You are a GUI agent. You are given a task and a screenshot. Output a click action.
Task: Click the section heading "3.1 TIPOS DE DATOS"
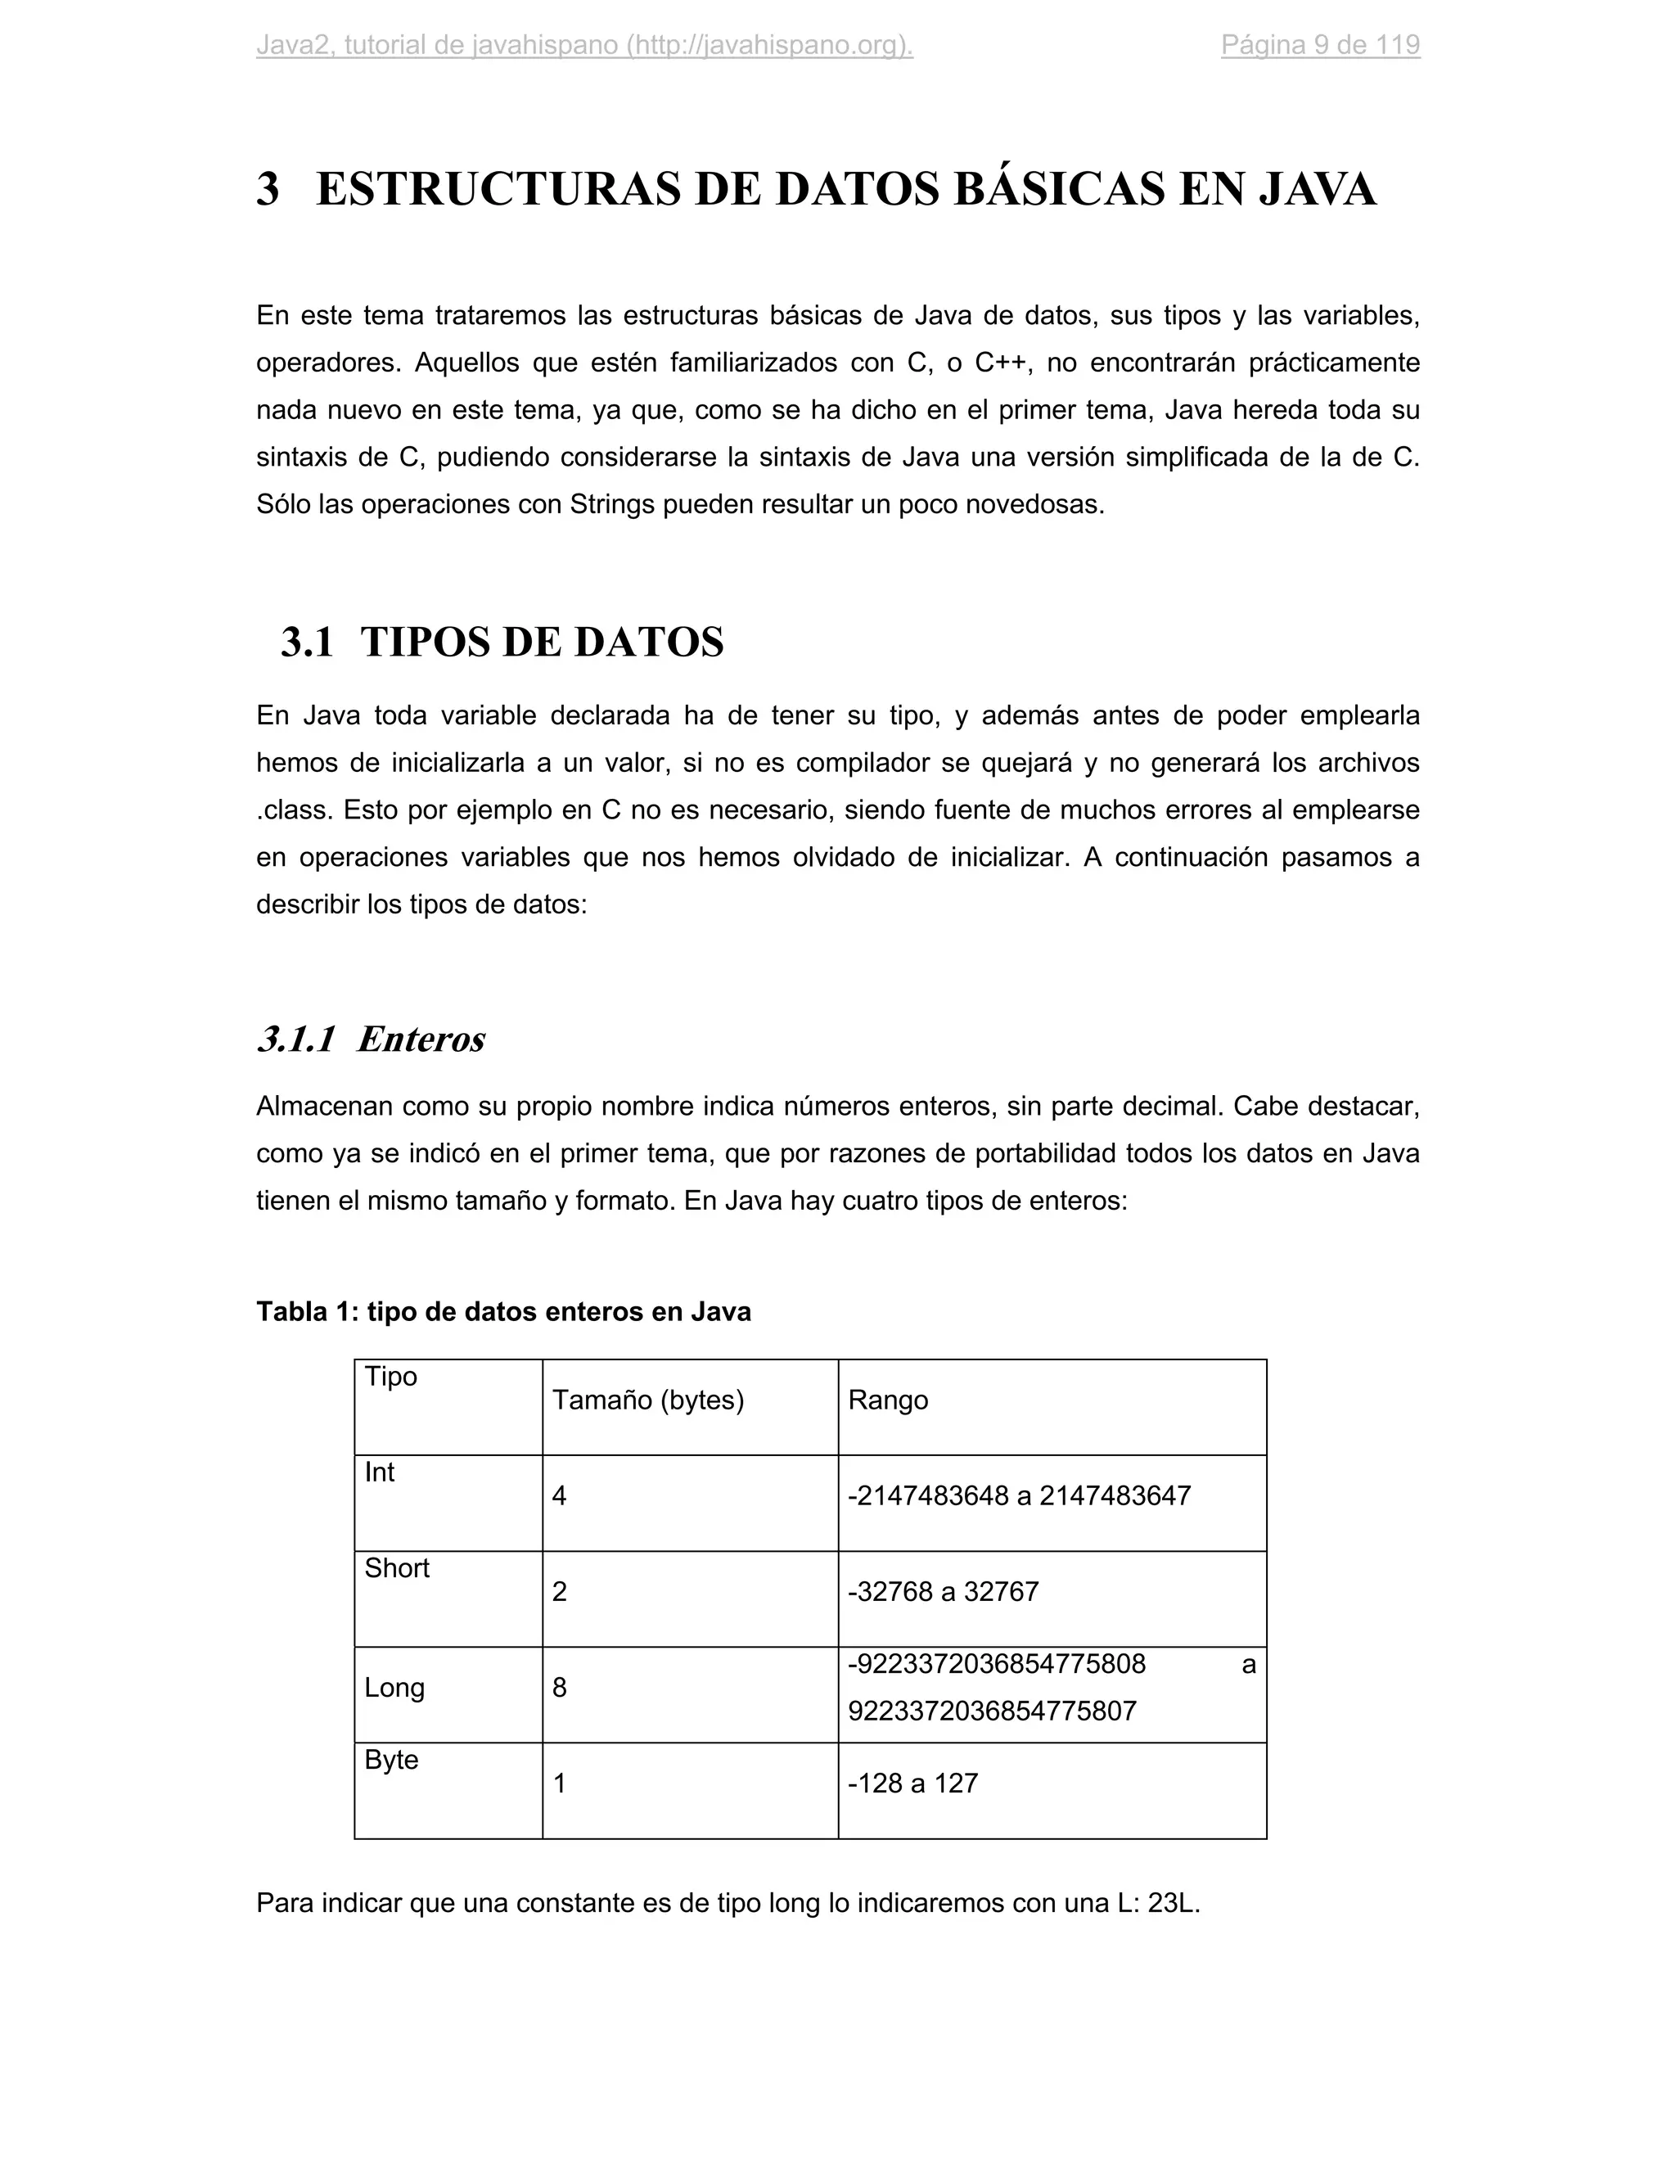(x=502, y=643)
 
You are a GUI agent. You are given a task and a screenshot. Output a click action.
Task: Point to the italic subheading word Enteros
(x=421, y=1039)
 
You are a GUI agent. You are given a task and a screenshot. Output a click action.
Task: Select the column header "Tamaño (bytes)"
(x=647, y=1400)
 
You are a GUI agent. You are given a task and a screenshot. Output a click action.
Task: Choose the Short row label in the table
(x=396, y=1568)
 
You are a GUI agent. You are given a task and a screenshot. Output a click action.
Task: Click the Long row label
(x=394, y=1688)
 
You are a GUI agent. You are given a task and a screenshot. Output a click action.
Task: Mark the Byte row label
(x=391, y=1760)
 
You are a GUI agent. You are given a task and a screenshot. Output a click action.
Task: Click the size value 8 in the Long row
(x=559, y=1688)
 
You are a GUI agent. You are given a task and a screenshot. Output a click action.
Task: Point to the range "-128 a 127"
(x=912, y=1783)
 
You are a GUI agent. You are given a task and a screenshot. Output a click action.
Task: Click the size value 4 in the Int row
(x=559, y=1495)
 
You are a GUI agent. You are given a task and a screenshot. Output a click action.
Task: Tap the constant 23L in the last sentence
(x=1173, y=1903)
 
